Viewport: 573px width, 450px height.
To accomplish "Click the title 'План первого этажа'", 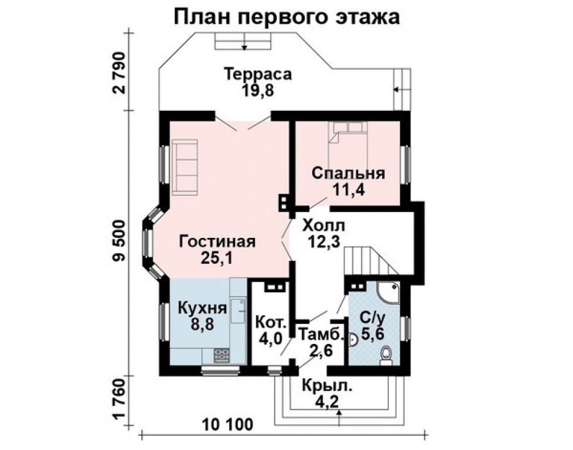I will (x=286, y=17).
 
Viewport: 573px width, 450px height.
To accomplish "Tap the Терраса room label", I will (x=258, y=74).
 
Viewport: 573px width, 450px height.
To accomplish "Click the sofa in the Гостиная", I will (x=185, y=166).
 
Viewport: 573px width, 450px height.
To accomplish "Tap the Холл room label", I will (x=324, y=225).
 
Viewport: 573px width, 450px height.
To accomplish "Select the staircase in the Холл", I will (x=369, y=261).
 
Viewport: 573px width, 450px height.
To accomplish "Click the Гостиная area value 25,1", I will (x=217, y=258).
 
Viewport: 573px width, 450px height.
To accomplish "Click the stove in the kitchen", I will (x=221, y=354).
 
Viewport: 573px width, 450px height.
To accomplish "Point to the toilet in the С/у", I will (x=386, y=354).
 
